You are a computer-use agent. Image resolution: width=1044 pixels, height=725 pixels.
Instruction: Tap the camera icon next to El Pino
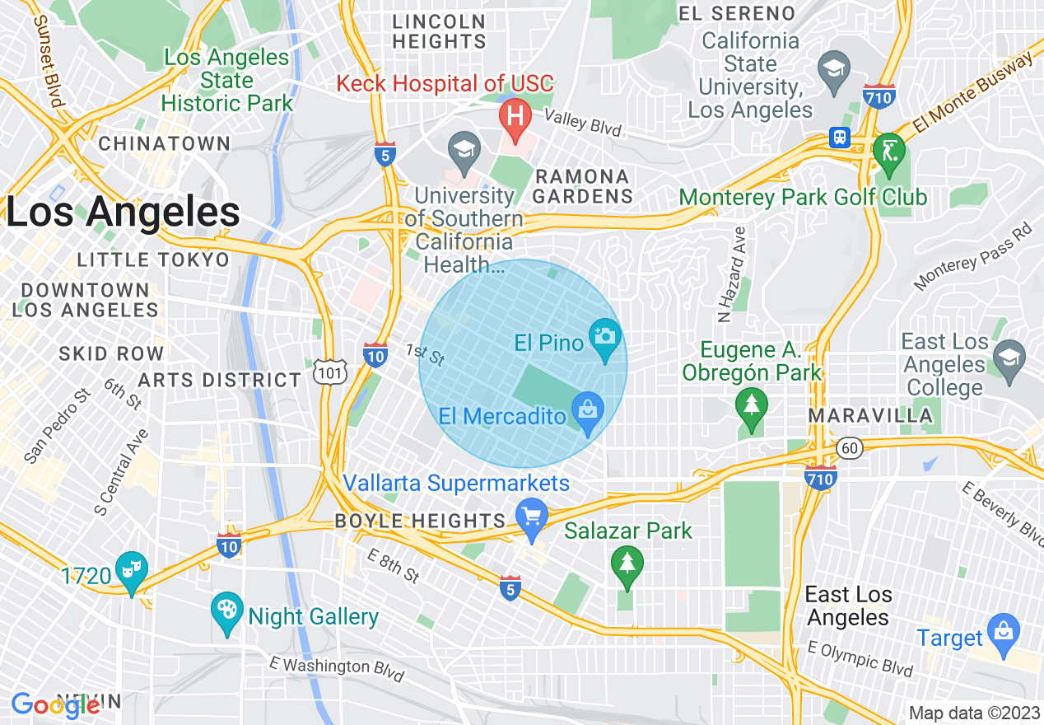(x=605, y=338)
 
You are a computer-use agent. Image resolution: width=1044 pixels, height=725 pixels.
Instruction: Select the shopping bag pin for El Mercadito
(x=587, y=410)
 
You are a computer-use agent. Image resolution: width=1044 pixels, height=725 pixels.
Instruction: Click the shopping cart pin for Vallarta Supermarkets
(x=532, y=517)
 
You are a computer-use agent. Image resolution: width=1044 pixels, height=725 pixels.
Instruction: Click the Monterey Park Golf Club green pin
(x=889, y=152)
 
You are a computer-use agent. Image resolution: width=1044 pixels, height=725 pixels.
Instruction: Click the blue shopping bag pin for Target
(x=1004, y=633)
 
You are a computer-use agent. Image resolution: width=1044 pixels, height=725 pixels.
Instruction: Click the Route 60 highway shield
(x=851, y=447)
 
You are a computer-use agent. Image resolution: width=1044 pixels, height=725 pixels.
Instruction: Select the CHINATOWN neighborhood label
(x=165, y=143)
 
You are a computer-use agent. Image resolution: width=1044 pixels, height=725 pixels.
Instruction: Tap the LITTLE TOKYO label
(x=153, y=260)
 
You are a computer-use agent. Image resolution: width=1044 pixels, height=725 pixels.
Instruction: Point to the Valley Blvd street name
(x=582, y=124)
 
